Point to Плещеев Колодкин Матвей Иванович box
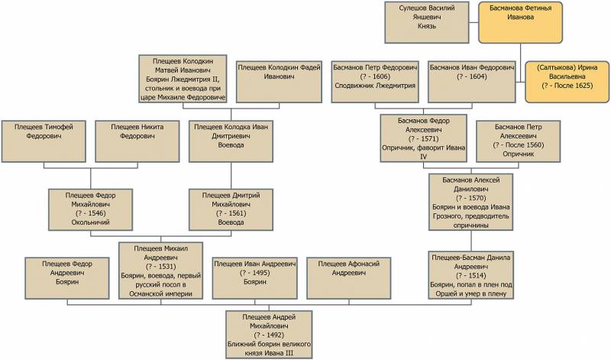click(183, 78)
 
